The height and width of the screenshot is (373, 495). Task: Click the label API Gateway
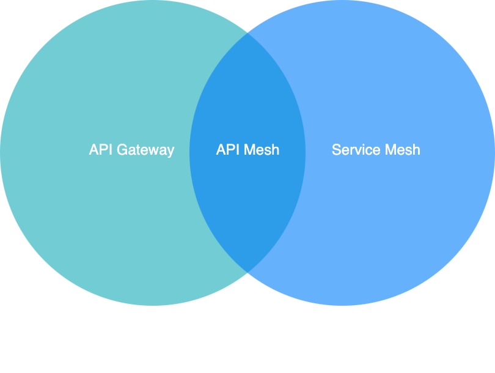click(x=131, y=150)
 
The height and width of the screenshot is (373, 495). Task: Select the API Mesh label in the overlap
click(x=248, y=150)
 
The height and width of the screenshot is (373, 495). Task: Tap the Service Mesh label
click(x=376, y=150)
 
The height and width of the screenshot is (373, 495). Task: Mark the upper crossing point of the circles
click(x=248, y=33)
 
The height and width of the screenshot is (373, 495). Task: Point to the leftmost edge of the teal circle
click(x=1, y=152)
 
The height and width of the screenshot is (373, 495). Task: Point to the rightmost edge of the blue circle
click(x=494, y=152)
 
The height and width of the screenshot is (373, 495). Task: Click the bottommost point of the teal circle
click(x=153, y=305)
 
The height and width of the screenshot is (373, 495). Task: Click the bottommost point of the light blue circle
click(x=342, y=305)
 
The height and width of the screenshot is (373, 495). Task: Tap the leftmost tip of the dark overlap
click(x=190, y=152)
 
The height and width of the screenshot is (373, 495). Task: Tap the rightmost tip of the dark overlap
click(x=305, y=152)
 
